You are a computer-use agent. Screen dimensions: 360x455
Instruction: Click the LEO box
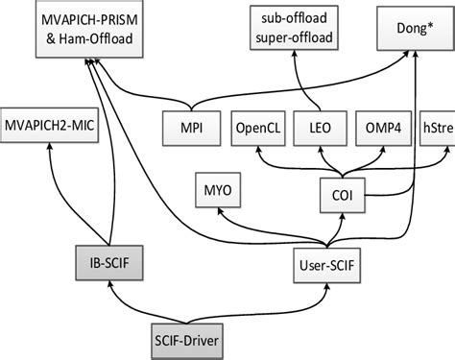pos(324,127)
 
